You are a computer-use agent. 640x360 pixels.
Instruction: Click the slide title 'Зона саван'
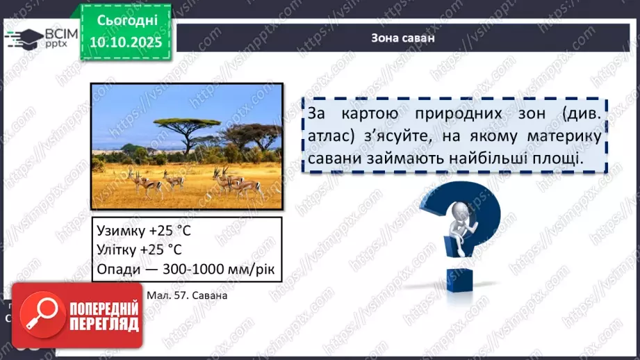[403, 38]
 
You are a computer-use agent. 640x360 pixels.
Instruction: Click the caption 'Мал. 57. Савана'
[187, 295]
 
